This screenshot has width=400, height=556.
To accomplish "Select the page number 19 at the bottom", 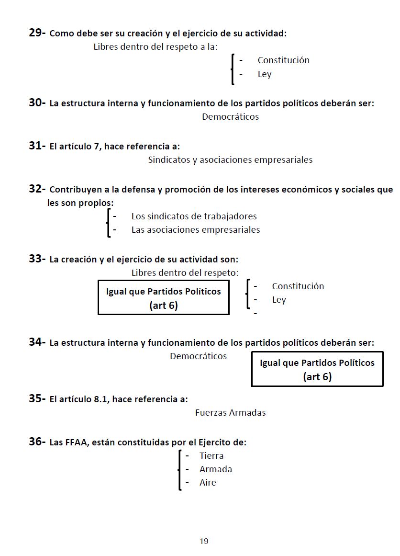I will pos(204,541).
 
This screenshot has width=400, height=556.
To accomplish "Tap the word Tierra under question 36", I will pos(211,455).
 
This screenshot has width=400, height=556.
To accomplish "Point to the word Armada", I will pos(216,469).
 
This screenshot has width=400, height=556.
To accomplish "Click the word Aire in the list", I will pos(208,482).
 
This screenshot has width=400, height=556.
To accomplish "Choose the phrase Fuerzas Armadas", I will pos(230,412).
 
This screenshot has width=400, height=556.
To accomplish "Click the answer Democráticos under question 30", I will pos(230,116).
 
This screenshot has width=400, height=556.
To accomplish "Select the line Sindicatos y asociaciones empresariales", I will pos(230,159).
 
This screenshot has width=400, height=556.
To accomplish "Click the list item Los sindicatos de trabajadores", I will pos(194,216).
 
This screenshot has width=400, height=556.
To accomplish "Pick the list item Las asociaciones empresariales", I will pos(196,229).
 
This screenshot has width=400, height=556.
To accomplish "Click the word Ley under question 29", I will pos(265,74).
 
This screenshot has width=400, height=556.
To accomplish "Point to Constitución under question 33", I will pos(298,286).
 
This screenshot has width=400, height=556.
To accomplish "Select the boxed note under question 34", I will pos(317,369).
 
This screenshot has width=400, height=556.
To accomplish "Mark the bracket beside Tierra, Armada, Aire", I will pos(179,470).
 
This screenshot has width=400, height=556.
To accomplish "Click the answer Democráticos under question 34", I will pos(198,356).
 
